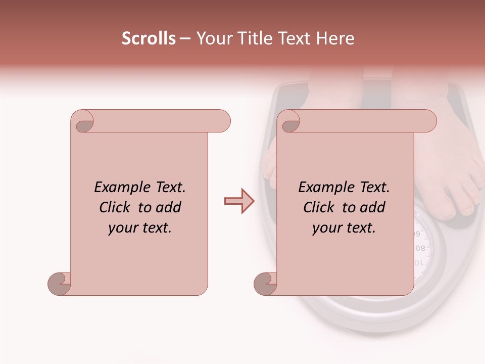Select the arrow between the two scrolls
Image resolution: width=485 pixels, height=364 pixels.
239,201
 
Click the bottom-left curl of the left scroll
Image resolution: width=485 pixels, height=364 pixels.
60,284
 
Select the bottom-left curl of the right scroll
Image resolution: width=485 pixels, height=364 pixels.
266,284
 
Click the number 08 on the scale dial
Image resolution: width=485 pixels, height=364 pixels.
420,248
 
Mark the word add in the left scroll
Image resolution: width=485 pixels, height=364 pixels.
169,208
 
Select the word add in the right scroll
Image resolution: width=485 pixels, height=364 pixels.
373,208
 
